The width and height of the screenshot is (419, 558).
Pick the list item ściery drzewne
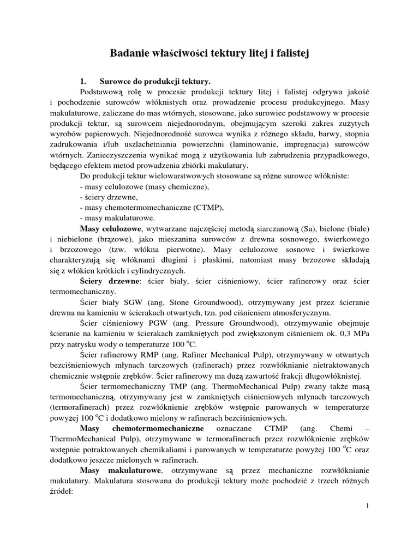coord(108,197)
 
